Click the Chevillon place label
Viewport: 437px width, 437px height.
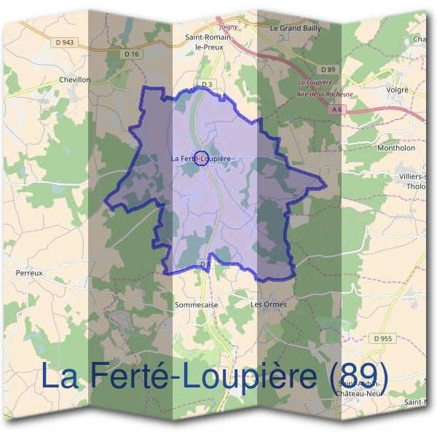[x=75, y=80]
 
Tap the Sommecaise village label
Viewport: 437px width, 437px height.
[x=197, y=305]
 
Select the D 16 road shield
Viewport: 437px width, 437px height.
[x=131, y=54]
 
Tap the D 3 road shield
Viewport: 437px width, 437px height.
[x=206, y=84]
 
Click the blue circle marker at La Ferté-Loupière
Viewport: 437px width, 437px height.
[x=204, y=157]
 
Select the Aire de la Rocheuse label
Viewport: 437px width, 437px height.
[x=325, y=94]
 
